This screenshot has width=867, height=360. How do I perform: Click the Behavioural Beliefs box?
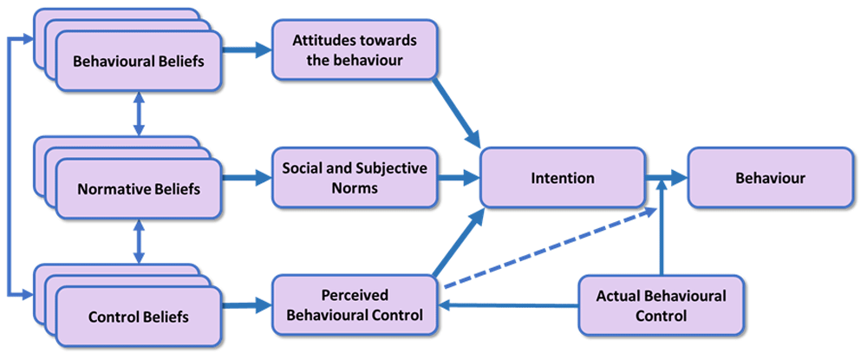tap(139, 61)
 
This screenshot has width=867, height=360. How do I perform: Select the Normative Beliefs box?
tap(139, 189)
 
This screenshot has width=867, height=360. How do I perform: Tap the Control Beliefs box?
tap(139, 317)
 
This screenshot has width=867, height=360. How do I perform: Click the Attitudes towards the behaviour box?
tap(355, 49)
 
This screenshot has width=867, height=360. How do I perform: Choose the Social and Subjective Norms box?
tap(355, 178)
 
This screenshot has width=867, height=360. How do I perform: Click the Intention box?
tap(563, 178)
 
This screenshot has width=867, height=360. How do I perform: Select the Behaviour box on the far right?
tap(770, 178)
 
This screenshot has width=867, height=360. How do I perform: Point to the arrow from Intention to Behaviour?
tap(666, 178)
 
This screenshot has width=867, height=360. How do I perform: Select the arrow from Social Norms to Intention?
tap(459, 178)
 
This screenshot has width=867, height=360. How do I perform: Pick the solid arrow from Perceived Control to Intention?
tap(458, 242)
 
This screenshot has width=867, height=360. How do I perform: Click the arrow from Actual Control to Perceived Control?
tap(508, 304)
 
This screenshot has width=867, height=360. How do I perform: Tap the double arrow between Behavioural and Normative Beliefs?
tap(139, 114)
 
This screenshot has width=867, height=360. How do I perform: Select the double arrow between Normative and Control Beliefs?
tap(139, 240)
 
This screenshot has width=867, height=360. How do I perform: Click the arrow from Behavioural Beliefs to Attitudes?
tap(246, 50)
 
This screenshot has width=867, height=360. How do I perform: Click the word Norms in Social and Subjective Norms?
tap(355, 188)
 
